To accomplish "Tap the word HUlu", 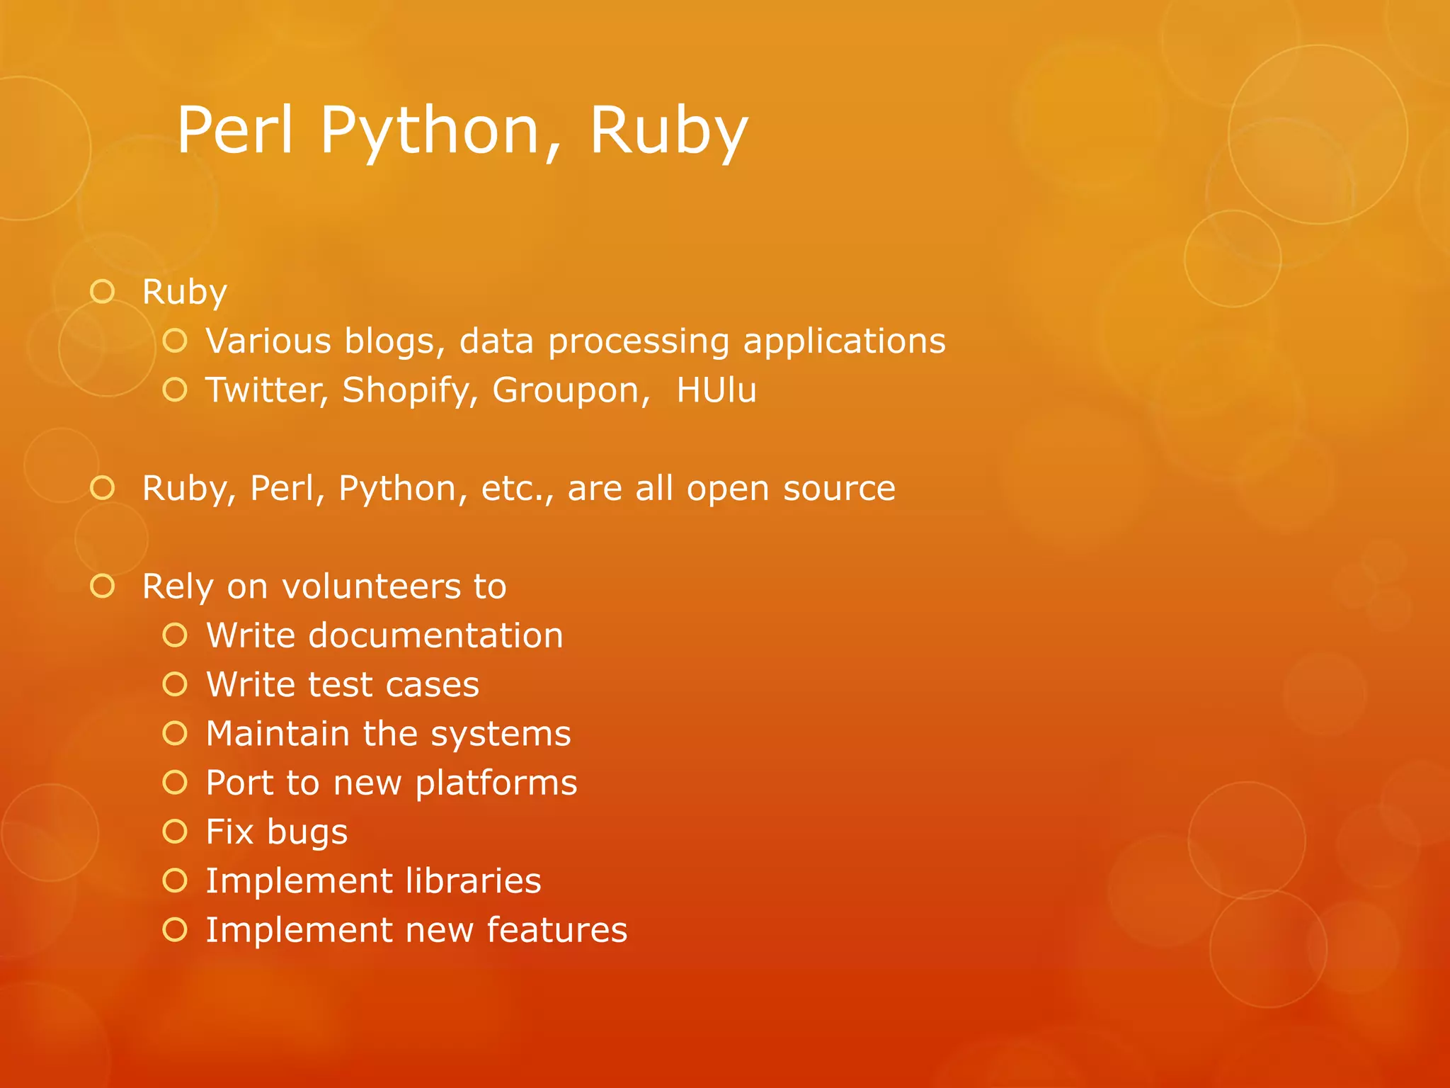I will pyautogui.click(x=717, y=390).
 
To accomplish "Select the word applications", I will pyautogui.click(x=844, y=341).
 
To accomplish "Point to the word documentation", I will pyautogui.click(x=435, y=635).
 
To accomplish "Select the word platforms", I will pyautogui.click(x=496, y=783).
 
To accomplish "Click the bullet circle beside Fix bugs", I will pyautogui.click(x=175, y=832).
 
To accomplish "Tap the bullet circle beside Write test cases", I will pyautogui.click(x=175, y=684).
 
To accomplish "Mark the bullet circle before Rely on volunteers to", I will pyautogui.click(x=103, y=586).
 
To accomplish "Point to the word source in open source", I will pyautogui.click(x=839, y=489).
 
